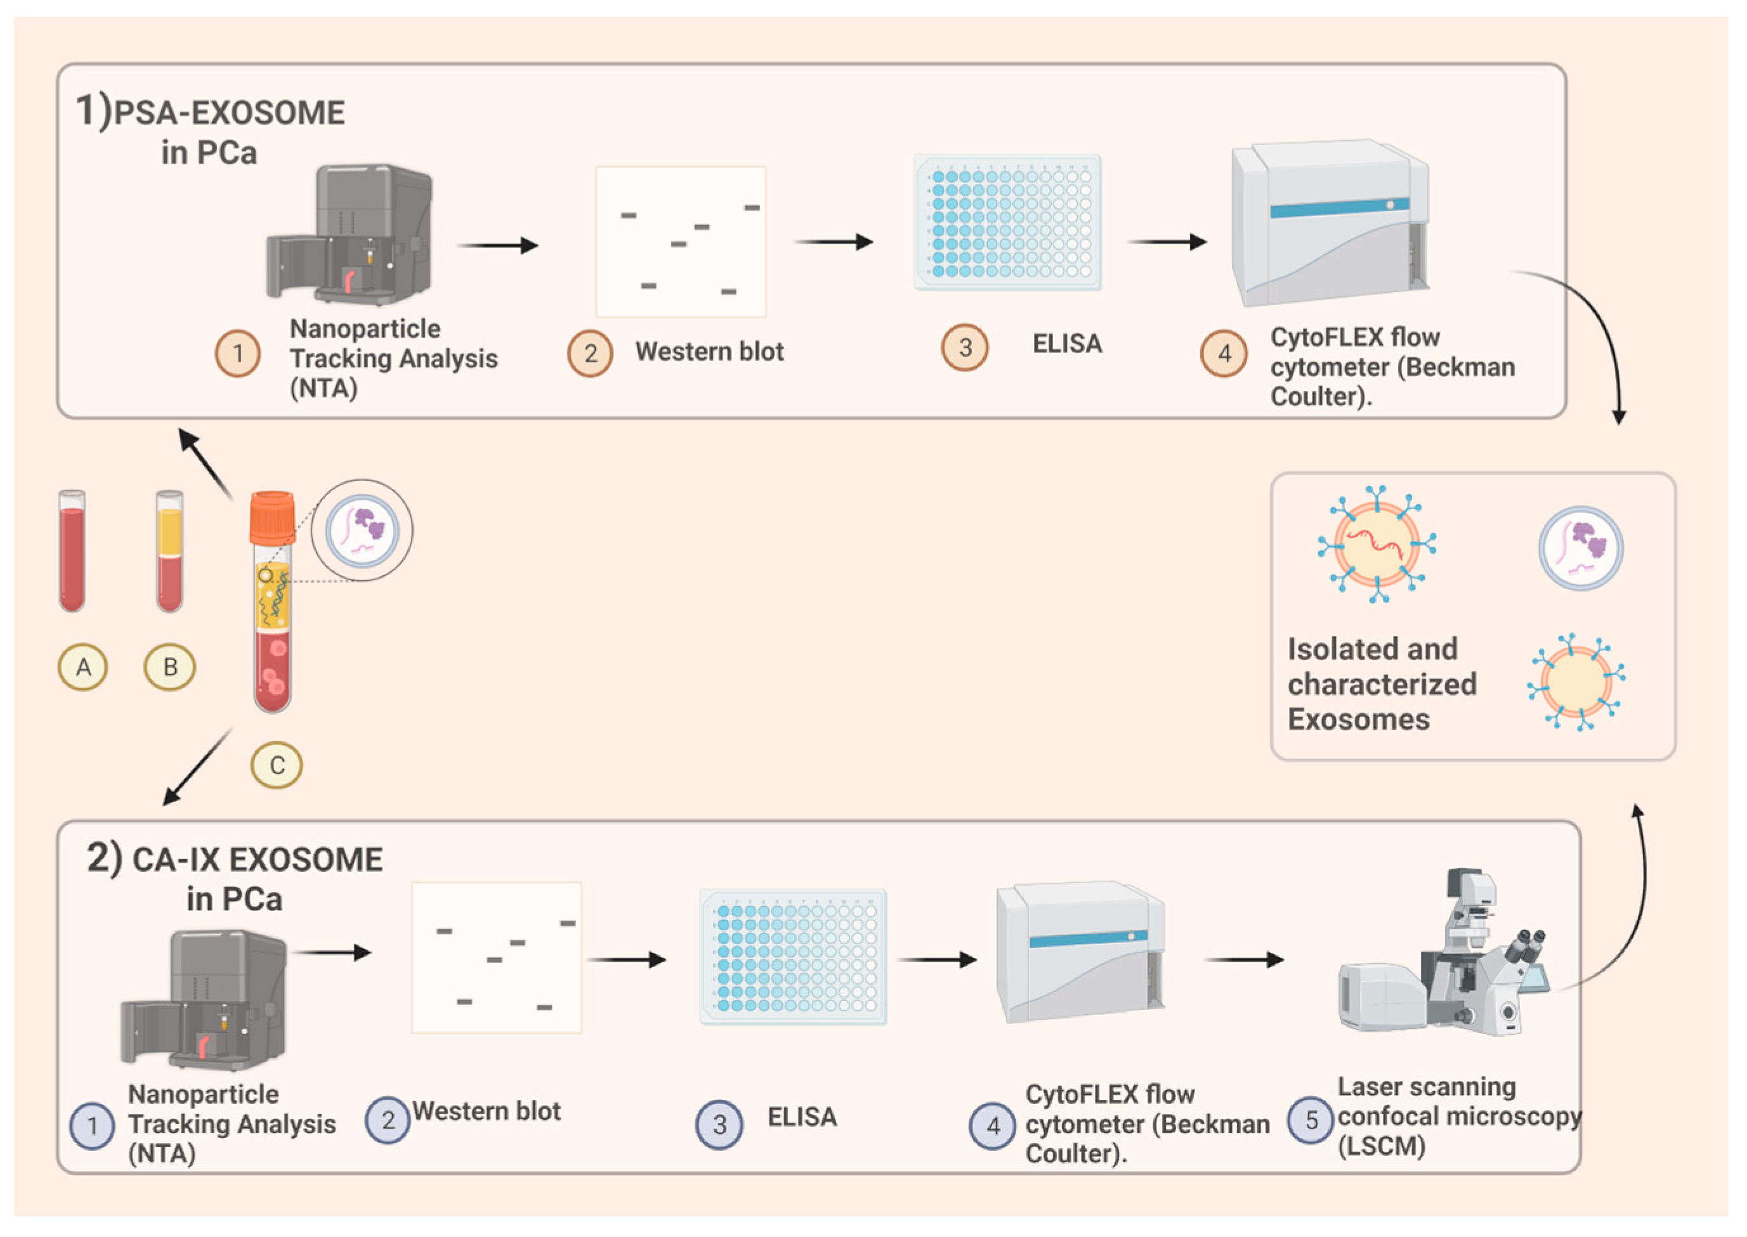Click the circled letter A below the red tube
click(x=82, y=667)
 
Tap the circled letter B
click(x=170, y=667)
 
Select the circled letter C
click(x=277, y=765)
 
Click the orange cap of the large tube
click(x=272, y=517)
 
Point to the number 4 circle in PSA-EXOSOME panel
click(x=1224, y=353)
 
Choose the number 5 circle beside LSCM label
click(x=1311, y=1120)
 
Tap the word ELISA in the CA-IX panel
click(x=802, y=1117)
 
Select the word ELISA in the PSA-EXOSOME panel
click(x=1066, y=344)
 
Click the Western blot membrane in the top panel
click(x=681, y=242)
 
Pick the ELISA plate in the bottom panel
click(x=793, y=957)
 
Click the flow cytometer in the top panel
click(x=1330, y=223)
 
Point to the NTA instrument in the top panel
click(x=350, y=235)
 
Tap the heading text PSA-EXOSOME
click(x=228, y=113)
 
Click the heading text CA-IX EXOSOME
click(x=258, y=860)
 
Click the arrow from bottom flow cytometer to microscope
click(x=1243, y=960)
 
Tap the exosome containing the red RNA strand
click(x=1377, y=545)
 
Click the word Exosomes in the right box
click(x=1358, y=720)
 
